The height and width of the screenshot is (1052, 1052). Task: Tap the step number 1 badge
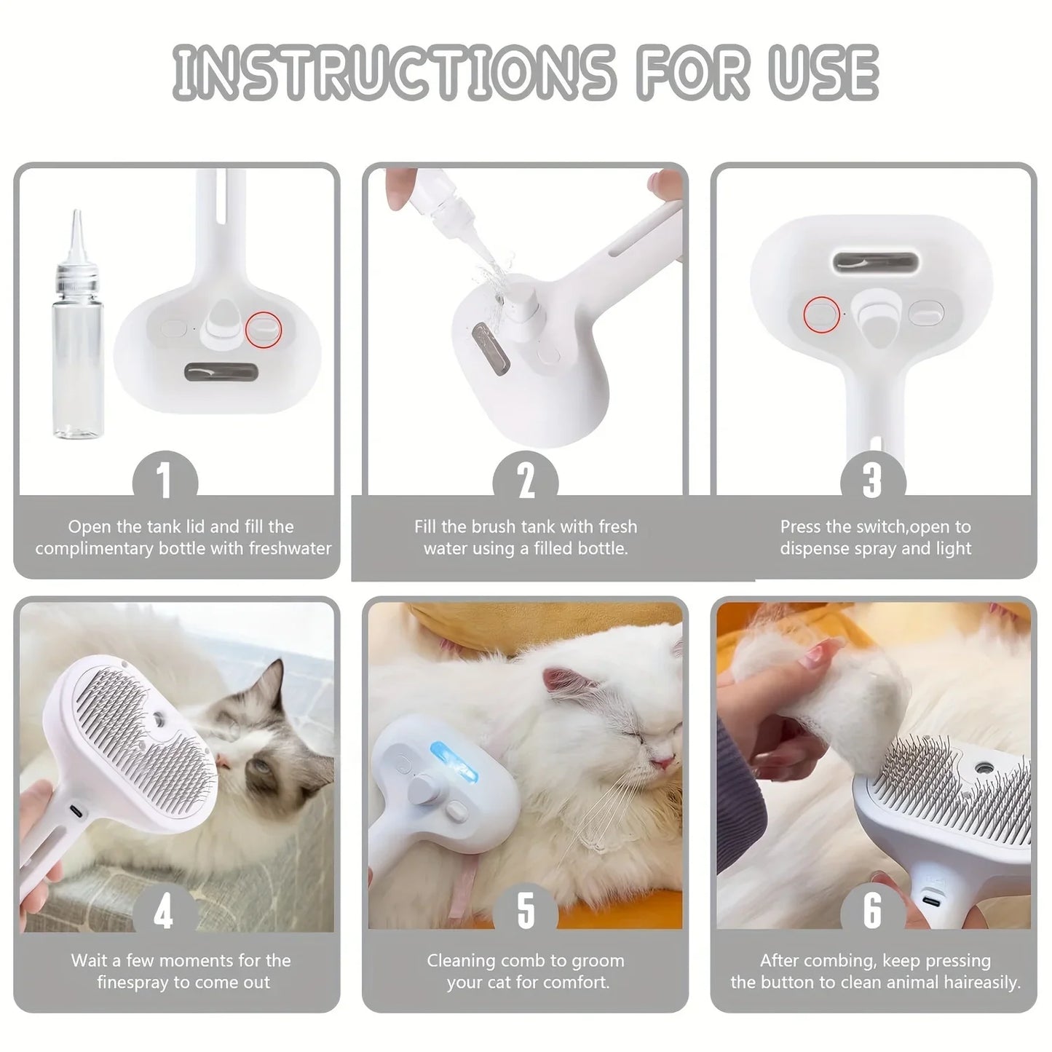pos(165,480)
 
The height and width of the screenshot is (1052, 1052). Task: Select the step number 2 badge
pos(526,480)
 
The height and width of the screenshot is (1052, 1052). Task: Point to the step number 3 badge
pos(872,480)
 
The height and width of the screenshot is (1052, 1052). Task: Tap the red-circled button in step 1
pos(264,328)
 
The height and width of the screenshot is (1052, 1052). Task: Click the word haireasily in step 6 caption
pos(976,982)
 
